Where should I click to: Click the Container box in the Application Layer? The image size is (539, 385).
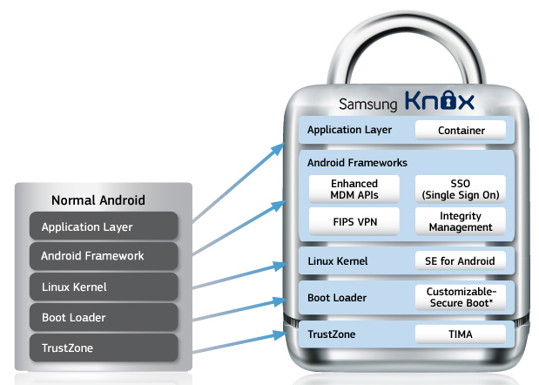pos(461,130)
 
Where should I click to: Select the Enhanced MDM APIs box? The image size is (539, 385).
pos(354,189)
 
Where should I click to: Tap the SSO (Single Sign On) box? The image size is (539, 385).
pos(461,189)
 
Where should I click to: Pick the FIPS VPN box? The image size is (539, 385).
pos(354,221)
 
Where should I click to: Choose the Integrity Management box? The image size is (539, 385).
pos(461,221)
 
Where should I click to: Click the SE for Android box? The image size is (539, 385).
pos(461,260)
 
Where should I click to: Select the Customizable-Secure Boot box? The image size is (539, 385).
pos(461,297)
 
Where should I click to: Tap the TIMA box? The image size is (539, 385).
pos(461,334)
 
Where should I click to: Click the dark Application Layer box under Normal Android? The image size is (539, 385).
pos(104,226)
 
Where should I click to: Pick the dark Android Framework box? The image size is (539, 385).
pos(104,256)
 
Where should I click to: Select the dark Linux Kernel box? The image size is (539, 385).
pos(104,287)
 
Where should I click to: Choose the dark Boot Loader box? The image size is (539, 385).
pos(104,317)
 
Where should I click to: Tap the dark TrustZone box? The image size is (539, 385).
pos(104,348)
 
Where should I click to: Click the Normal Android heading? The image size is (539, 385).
pos(98,200)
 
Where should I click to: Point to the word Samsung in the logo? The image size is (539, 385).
pos(367,105)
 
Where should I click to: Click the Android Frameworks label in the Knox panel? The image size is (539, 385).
pos(357,163)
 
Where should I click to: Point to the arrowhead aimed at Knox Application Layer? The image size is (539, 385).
pos(279,149)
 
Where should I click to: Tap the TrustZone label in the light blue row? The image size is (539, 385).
pos(332,334)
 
